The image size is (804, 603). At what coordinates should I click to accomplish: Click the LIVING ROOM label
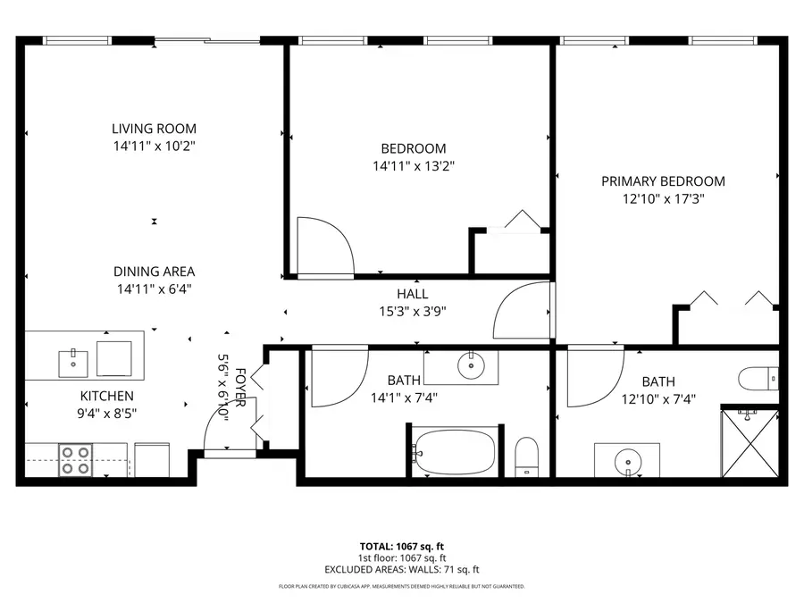tap(154, 129)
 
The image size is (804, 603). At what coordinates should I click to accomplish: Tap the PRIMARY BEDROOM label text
tap(663, 181)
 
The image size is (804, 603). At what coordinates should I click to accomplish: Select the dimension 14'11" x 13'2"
tap(413, 165)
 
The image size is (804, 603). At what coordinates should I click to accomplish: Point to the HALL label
tap(413, 294)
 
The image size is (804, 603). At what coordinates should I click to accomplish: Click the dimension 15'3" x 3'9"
tap(413, 312)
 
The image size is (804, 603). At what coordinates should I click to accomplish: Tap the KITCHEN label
tap(107, 396)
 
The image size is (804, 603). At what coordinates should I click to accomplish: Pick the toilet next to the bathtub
tap(527, 456)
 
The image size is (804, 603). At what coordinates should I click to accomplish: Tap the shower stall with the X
tap(750, 443)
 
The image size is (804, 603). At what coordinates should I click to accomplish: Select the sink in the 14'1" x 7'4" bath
tap(466, 364)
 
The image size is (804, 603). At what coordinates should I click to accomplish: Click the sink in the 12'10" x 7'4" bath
tap(627, 462)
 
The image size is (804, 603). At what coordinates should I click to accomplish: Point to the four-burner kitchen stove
tap(74, 460)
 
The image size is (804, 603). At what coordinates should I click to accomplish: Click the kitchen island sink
tap(73, 363)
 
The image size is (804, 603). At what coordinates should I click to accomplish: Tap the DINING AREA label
tap(154, 272)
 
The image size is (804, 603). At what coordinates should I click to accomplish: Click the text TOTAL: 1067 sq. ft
tap(401, 545)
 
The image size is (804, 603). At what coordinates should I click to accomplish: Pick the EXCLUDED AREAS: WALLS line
tap(401, 569)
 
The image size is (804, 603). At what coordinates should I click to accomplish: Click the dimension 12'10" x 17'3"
tap(663, 199)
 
